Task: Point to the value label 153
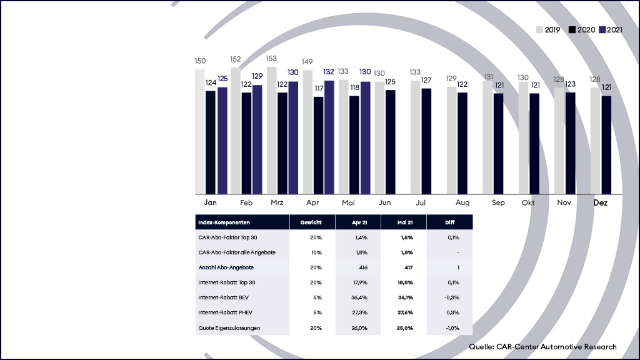(272, 58)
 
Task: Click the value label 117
(319, 89)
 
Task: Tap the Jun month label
(385, 203)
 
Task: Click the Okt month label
(529, 203)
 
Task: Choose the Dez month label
(601, 203)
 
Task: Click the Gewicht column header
(312, 222)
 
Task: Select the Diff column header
(449, 222)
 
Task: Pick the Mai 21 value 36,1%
(406, 297)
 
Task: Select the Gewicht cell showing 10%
(315, 252)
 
